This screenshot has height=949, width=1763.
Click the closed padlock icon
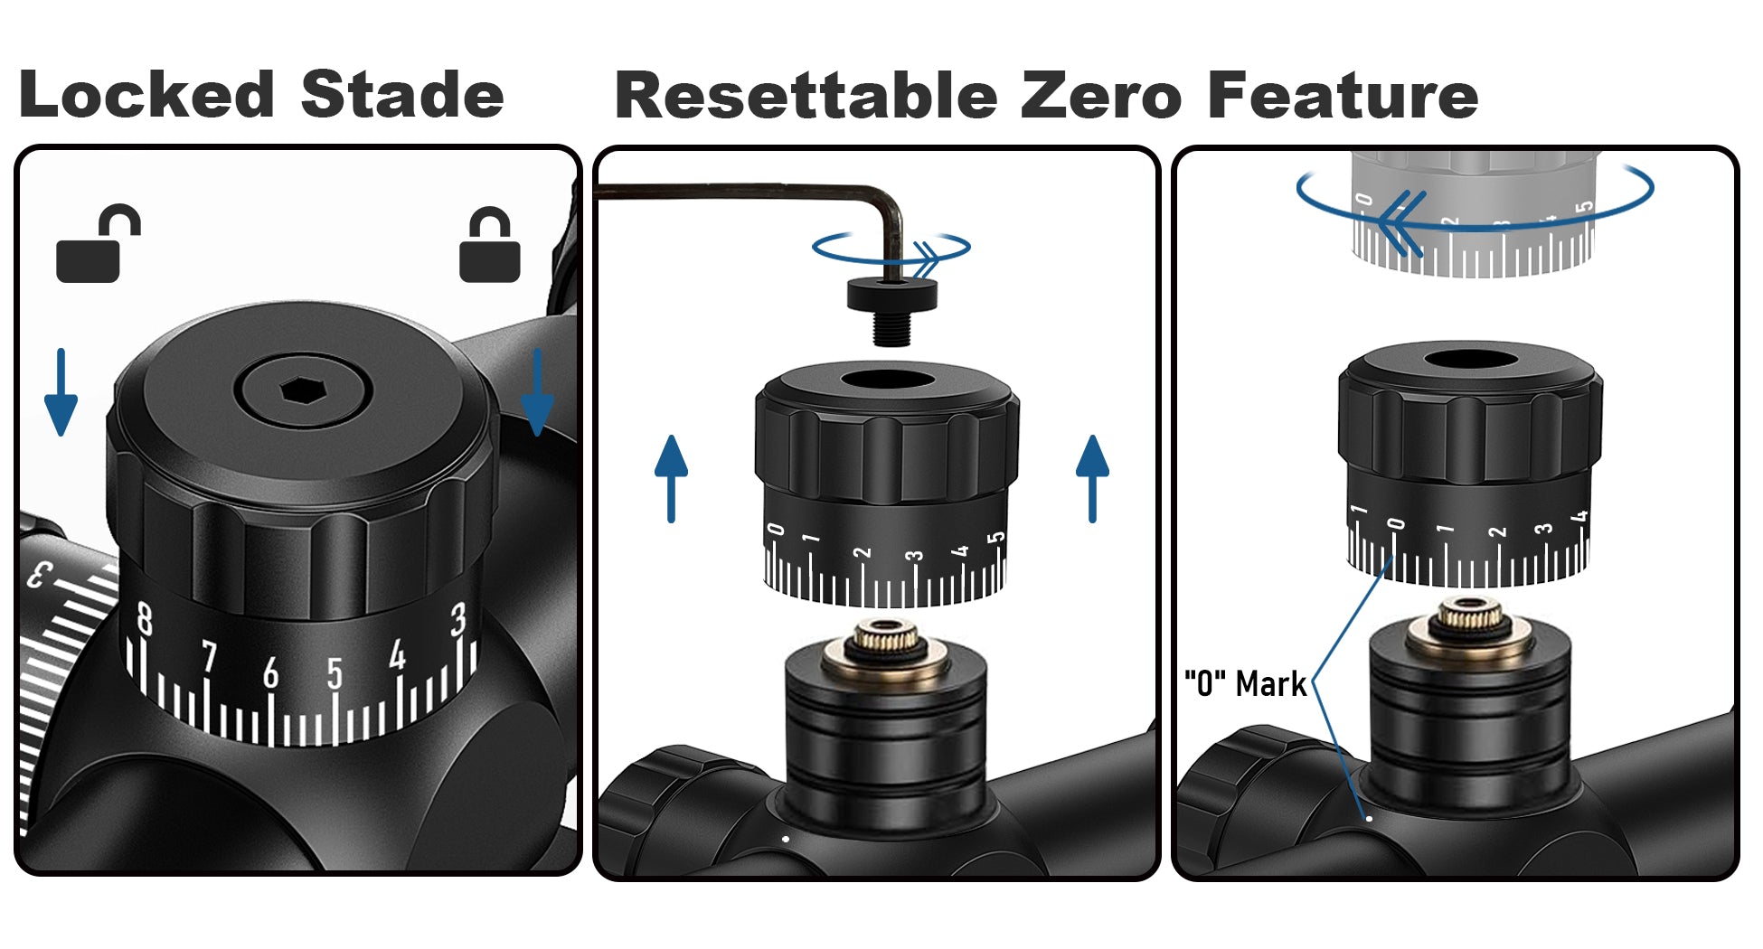coord(489,248)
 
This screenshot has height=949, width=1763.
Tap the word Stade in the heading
coord(401,95)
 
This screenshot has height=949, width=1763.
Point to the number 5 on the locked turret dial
coord(335,672)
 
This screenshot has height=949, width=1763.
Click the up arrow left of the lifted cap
coord(671,478)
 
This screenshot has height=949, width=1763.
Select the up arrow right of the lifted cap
coord(1092,478)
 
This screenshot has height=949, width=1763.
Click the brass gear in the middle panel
coord(886,638)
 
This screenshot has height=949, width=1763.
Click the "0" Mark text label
coord(1245,684)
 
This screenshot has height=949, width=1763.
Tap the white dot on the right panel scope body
coord(1369,818)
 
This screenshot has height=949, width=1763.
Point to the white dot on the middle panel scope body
coord(786,839)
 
